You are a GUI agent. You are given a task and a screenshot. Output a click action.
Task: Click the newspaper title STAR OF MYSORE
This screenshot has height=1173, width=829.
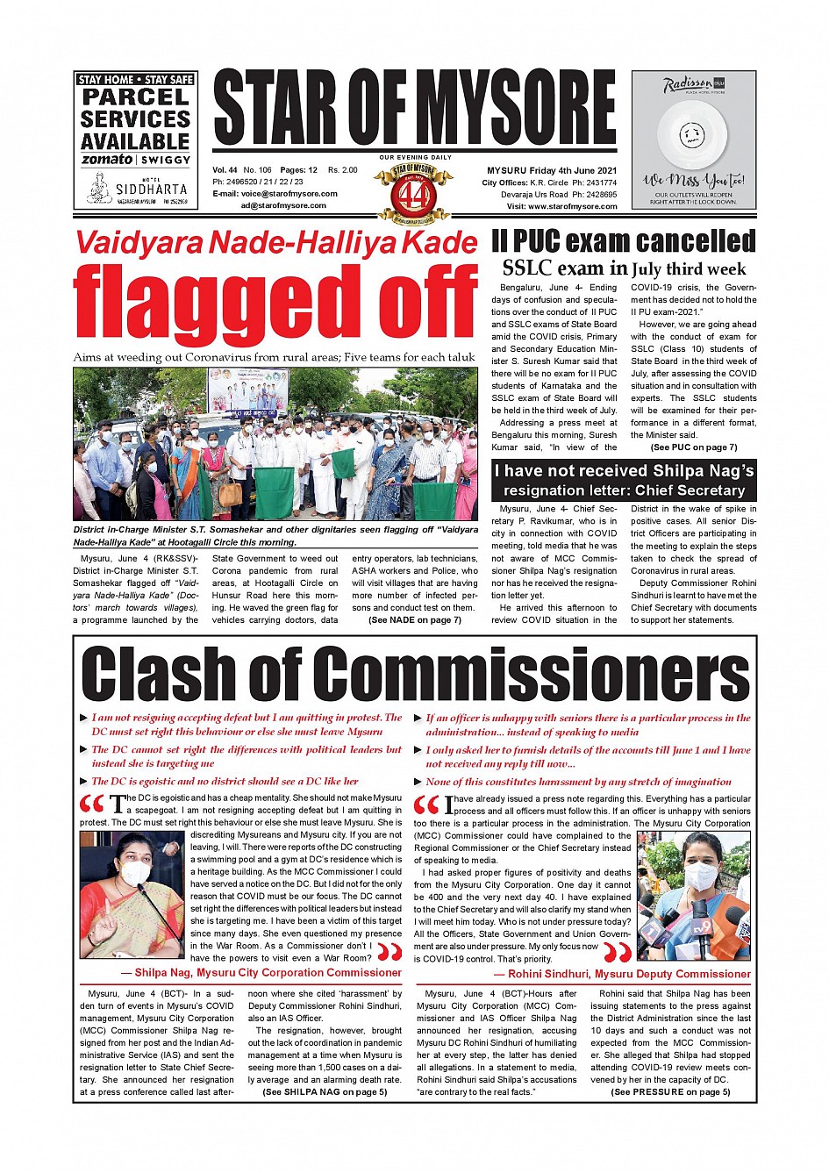pos(415,110)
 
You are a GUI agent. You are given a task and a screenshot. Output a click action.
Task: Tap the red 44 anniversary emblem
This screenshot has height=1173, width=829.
pos(413,192)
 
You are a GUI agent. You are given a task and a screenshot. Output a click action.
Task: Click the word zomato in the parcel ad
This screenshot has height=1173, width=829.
pos(107,160)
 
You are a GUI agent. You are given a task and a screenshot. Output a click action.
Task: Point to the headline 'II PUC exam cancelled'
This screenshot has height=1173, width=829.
pos(623,241)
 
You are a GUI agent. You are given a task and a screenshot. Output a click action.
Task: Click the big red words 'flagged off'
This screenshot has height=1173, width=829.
pos(275,304)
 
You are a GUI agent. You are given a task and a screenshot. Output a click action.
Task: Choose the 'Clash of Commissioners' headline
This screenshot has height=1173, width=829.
pos(415,674)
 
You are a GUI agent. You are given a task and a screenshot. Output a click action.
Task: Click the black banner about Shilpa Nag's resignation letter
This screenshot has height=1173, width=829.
pos(623,480)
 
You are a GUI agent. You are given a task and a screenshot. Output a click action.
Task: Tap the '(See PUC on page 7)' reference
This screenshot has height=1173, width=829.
pos(693,447)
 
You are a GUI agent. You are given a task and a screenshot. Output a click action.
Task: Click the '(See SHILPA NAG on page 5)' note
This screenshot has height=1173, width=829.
pos(325,1092)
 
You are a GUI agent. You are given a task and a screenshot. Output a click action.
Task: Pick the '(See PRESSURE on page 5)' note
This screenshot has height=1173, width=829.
pos(670,1092)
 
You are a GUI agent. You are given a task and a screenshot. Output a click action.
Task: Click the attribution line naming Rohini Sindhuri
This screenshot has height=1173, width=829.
pos(623,974)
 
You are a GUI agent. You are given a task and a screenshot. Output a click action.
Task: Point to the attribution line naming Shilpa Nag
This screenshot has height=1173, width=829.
pos(268,973)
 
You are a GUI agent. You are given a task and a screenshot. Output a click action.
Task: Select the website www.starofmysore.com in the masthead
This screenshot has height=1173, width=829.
pos(573,207)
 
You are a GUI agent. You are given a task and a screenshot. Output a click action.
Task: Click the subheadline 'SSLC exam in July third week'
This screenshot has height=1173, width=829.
pos(623,269)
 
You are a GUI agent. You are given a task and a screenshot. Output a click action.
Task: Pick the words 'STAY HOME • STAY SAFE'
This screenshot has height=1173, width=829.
pos(135,80)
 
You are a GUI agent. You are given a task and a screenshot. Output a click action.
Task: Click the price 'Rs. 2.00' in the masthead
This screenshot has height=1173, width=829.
pos(343,170)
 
